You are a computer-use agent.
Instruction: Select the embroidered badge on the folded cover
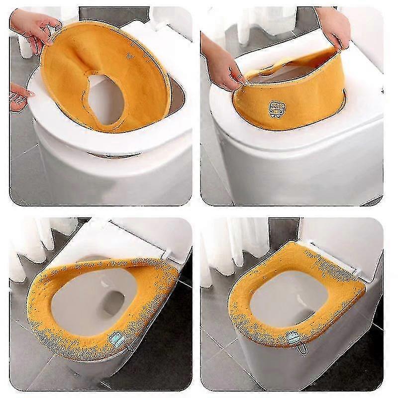tap(275, 108)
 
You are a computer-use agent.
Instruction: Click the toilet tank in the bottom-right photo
tap(343, 239)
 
